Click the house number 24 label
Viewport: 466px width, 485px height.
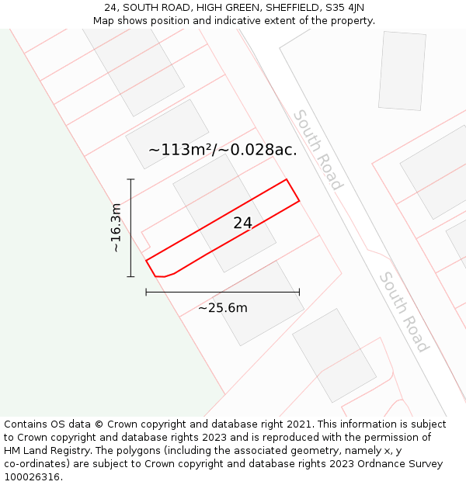click(x=243, y=223)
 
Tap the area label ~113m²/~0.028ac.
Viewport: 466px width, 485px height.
click(x=223, y=150)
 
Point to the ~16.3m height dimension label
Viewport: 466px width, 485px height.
click(x=116, y=228)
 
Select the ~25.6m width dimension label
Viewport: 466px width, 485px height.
click(x=222, y=308)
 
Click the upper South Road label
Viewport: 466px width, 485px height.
click(x=317, y=150)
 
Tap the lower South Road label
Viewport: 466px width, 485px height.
click(x=404, y=312)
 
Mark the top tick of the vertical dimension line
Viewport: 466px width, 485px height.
click(x=131, y=180)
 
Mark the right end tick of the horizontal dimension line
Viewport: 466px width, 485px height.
click(x=299, y=292)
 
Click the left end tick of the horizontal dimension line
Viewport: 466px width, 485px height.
click(x=146, y=292)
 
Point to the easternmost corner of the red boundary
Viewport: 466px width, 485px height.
click(x=299, y=202)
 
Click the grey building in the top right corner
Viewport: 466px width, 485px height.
click(x=402, y=71)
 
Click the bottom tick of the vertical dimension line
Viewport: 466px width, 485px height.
click(x=131, y=276)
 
